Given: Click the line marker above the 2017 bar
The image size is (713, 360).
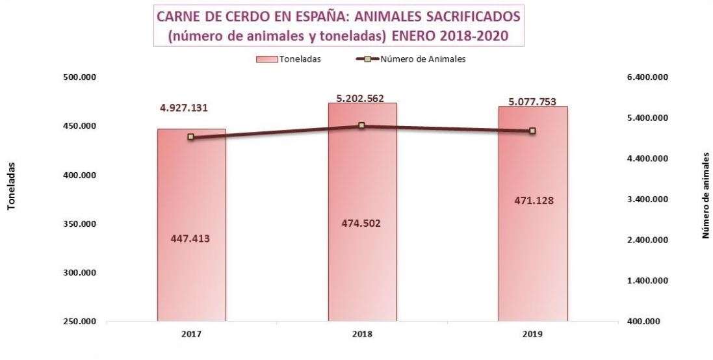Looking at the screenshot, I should (191, 137).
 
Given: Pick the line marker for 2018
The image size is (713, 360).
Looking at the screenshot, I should (362, 125).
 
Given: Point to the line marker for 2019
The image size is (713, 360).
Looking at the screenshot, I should (532, 131).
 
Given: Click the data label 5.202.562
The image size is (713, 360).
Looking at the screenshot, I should (360, 99).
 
